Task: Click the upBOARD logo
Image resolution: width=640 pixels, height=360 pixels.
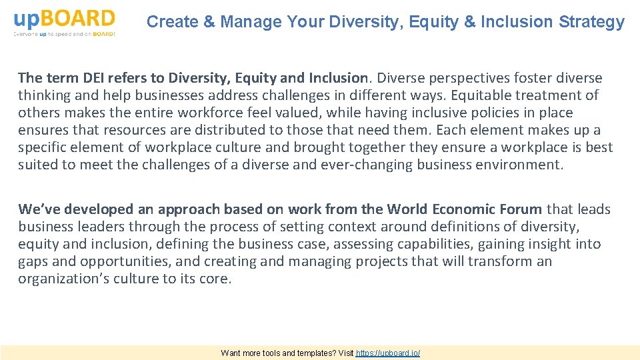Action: pyautogui.click(x=64, y=22)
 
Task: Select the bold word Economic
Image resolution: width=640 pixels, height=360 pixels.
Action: pyautogui.click(x=466, y=209)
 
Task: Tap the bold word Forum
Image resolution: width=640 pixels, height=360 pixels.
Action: pyautogui.click(x=522, y=209)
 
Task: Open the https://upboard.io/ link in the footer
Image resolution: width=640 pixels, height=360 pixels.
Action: pyautogui.click(x=388, y=353)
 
